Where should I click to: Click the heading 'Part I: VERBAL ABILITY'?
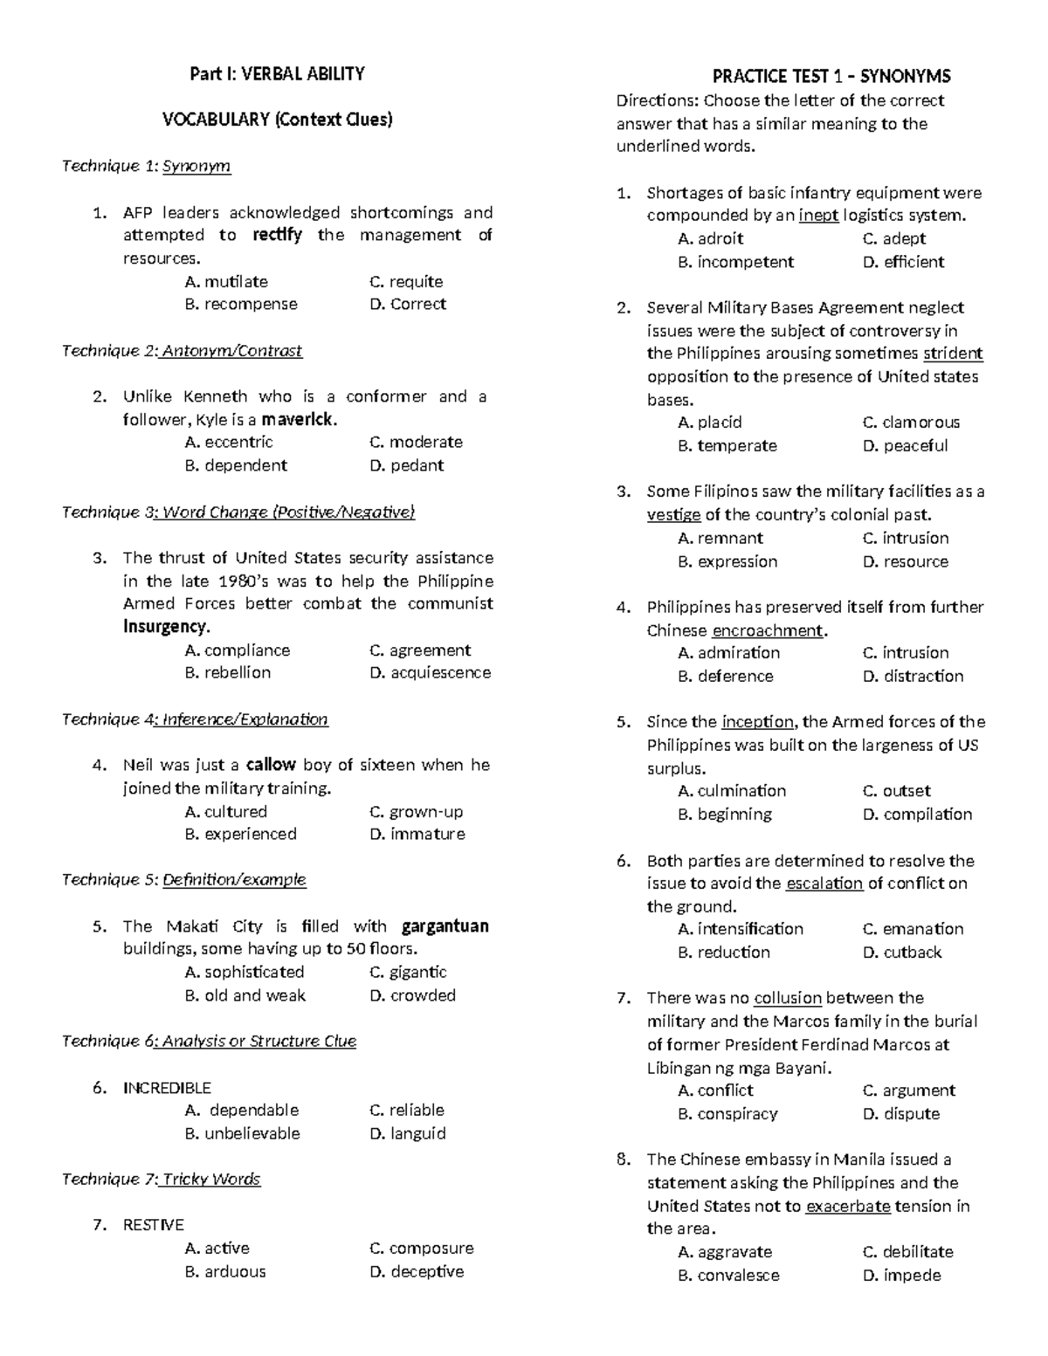pos(277,74)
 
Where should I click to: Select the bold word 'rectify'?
pos(277,235)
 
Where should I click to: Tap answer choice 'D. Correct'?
pos(408,305)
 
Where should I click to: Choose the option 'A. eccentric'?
pos(229,443)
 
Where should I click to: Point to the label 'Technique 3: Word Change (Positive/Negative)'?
pos(238,513)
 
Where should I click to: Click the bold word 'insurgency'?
pos(165,627)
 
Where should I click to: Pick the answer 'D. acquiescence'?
pos(430,673)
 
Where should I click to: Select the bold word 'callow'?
pos(271,765)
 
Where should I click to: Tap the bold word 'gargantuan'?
pos(445,926)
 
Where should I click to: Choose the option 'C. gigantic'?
pos(408,973)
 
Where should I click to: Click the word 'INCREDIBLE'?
pos(167,1088)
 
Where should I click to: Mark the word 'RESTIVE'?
pos(154,1225)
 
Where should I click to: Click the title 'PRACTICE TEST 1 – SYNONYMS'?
pos(831,76)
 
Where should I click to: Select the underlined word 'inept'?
pos(818,216)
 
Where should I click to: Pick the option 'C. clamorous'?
pos(911,423)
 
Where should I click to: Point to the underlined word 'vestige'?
pos(673,515)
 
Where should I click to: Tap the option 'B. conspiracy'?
pos(727,1114)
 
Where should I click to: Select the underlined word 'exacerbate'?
pos(848,1207)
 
